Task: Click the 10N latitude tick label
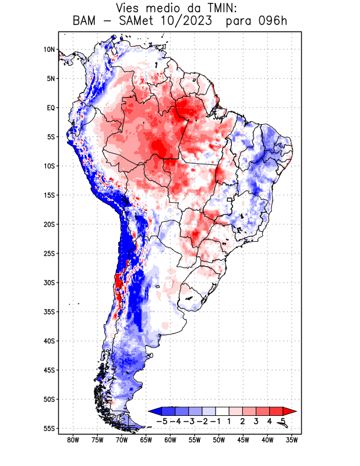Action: (x=49, y=50)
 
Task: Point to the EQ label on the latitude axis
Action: (x=51, y=108)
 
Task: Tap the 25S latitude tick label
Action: (x=49, y=253)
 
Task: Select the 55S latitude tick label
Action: (x=49, y=428)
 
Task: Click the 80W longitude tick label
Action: (x=73, y=440)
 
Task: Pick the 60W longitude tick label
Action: (x=171, y=440)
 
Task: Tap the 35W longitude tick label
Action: (x=292, y=440)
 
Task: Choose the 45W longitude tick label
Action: (x=243, y=440)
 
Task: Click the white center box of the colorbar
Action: (x=223, y=411)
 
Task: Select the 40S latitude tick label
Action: (x=49, y=341)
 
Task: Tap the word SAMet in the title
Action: (x=136, y=22)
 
